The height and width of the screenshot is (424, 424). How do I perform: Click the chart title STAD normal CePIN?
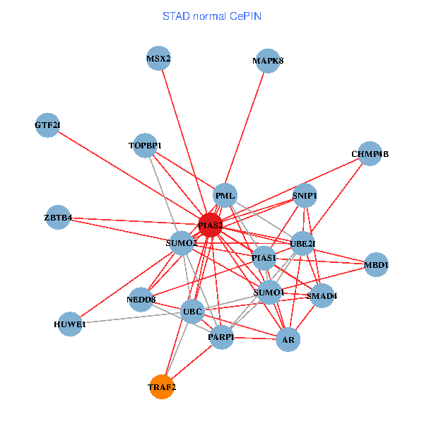click(212, 16)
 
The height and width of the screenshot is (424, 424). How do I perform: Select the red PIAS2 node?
click(211, 225)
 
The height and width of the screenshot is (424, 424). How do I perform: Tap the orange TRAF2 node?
click(162, 387)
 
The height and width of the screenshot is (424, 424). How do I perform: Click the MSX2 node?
click(158, 58)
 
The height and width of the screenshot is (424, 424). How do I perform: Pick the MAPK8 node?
click(268, 61)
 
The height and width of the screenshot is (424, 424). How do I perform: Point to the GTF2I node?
click(47, 125)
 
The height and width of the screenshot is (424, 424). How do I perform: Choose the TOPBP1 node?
click(145, 146)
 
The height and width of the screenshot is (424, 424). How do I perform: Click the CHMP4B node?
click(370, 153)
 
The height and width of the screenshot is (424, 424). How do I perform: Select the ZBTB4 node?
click(58, 217)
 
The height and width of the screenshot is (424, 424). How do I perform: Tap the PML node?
click(225, 196)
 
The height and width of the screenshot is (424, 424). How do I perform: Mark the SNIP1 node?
click(305, 195)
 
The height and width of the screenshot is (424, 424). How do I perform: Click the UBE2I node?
click(302, 244)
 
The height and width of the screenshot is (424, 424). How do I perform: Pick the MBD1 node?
click(376, 265)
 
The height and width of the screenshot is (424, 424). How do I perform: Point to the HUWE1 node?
click(69, 324)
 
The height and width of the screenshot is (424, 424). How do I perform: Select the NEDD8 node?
click(141, 299)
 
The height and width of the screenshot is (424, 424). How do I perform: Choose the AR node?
click(288, 340)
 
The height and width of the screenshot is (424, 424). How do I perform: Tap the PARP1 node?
click(221, 338)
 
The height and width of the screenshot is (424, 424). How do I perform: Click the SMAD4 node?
click(322, 296)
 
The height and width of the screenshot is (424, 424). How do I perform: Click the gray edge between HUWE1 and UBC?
click(131, 318)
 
